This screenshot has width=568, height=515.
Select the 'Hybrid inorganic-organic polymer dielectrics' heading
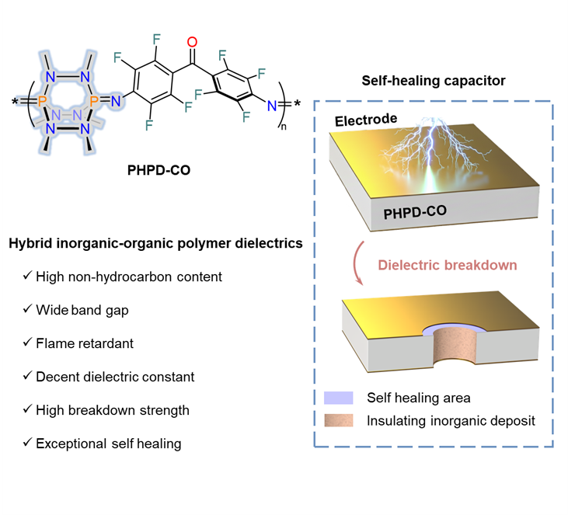point(155,244)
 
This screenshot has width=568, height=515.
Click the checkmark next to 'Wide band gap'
point(29,310)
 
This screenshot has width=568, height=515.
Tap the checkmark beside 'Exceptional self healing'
point(29,444)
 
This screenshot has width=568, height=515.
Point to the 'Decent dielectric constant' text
point(115,376)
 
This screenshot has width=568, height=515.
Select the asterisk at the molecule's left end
point(16,102)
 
